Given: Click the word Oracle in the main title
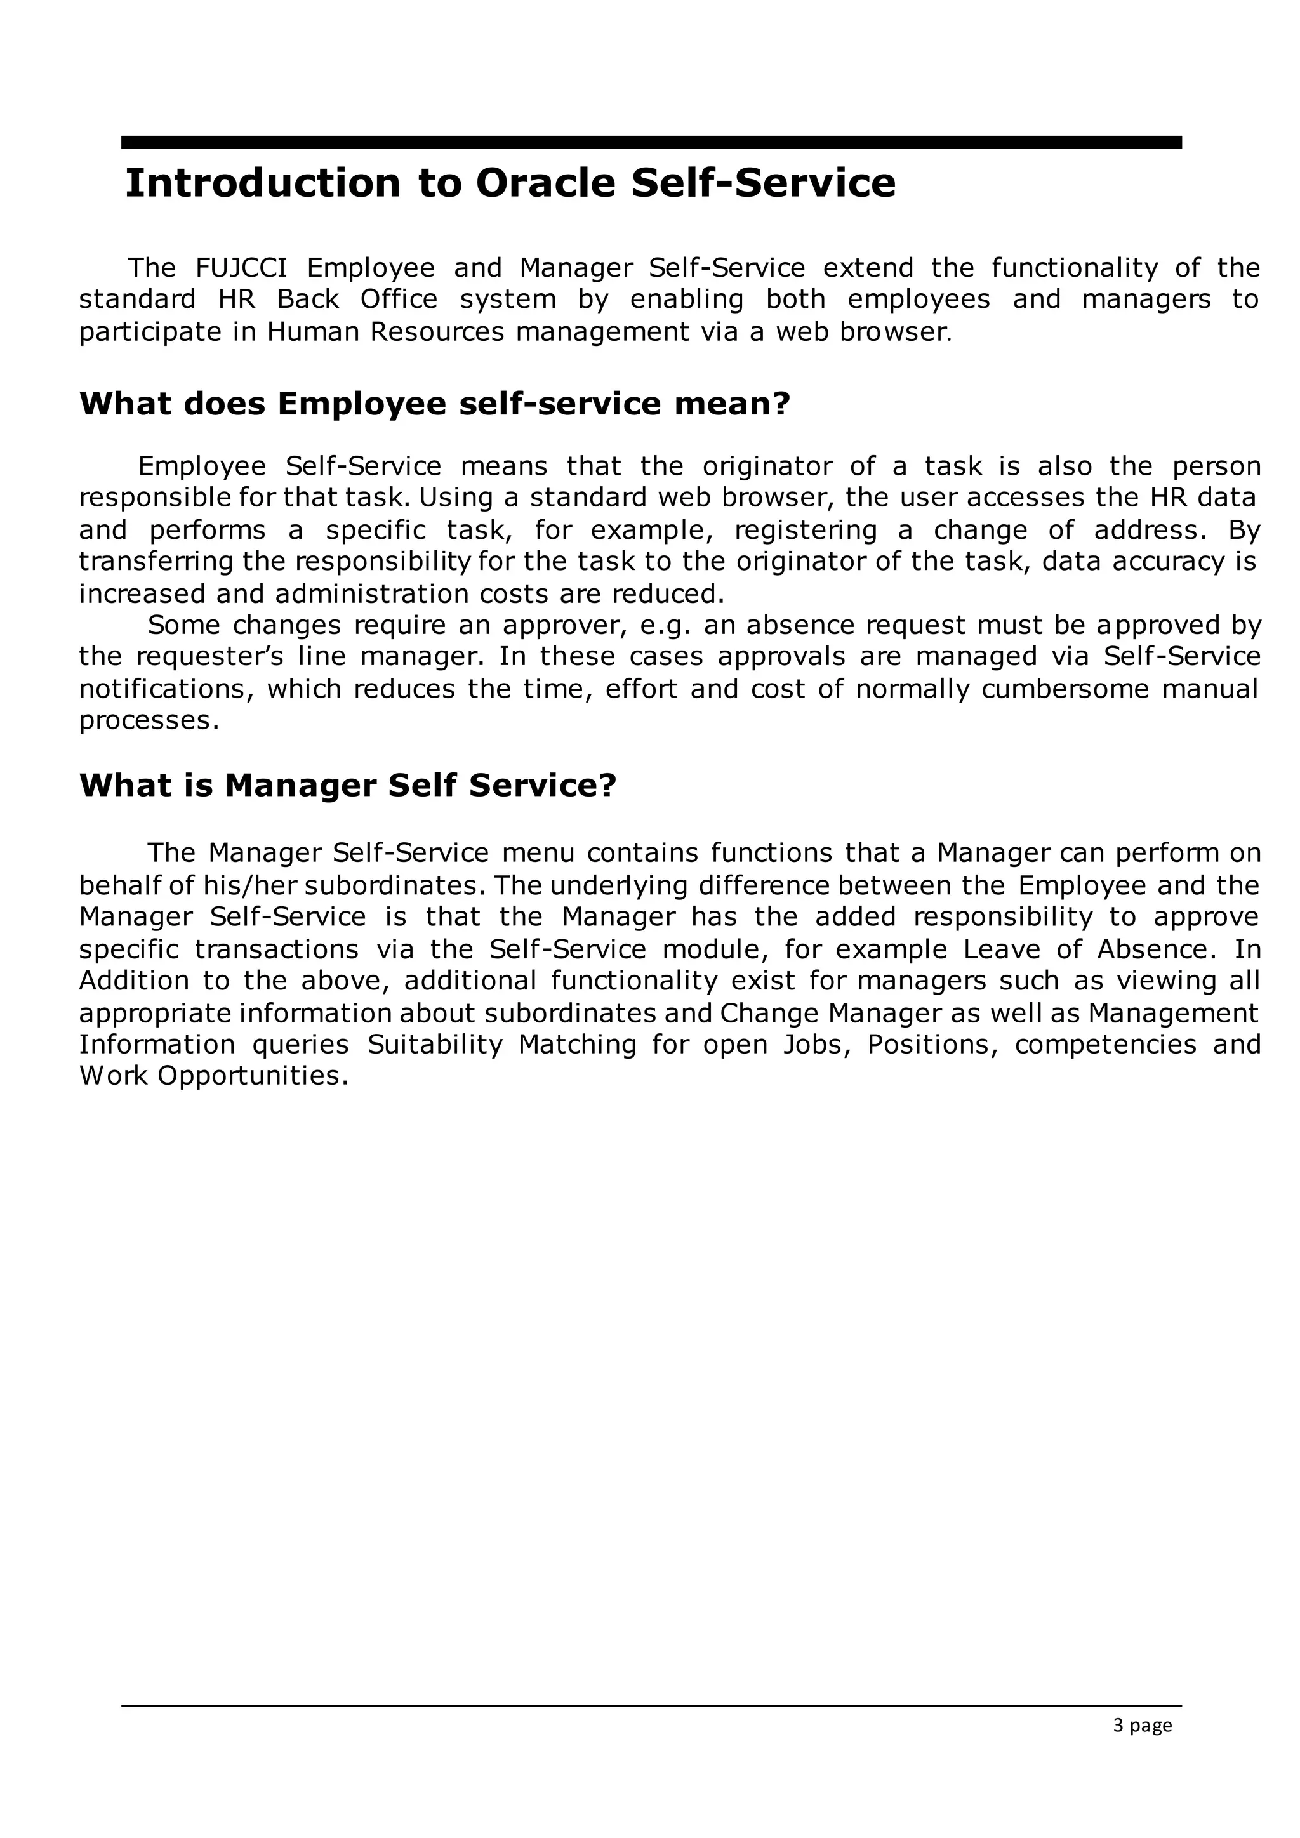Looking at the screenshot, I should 545,183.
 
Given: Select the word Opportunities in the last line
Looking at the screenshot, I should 252,1076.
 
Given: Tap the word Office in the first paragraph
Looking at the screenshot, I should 399,300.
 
